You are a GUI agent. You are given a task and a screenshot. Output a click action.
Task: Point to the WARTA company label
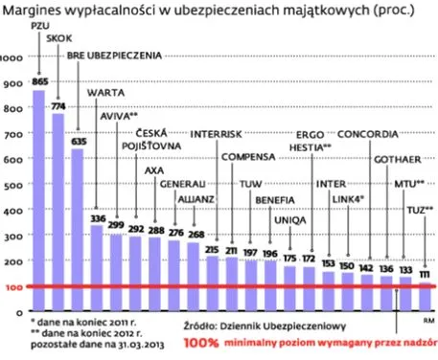pyautogui.click(x=104, y=94)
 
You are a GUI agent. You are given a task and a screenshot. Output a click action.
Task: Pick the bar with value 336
pyautogui.click(x=97, y=259)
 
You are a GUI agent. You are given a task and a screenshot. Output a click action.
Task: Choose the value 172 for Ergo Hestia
pyautogui.click(x=310, y=259)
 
